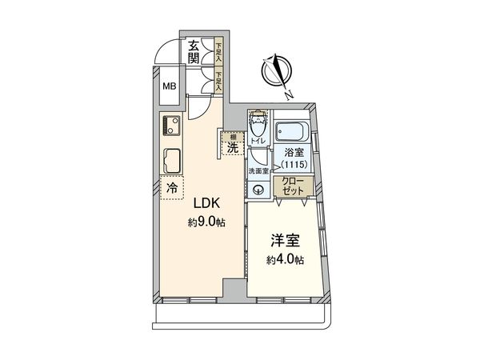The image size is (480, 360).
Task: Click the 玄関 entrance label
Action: point(194,52)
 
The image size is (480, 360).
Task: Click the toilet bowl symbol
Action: point(257,126)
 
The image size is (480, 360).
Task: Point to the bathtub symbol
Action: point(292,130)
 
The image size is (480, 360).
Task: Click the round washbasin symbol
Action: point(258,190)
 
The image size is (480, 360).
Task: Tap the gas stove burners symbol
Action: point(169,125)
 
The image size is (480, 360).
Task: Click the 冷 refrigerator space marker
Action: point(171,188)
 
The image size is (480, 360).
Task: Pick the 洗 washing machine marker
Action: point(231,146)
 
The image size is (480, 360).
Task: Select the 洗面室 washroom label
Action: point(257,170)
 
